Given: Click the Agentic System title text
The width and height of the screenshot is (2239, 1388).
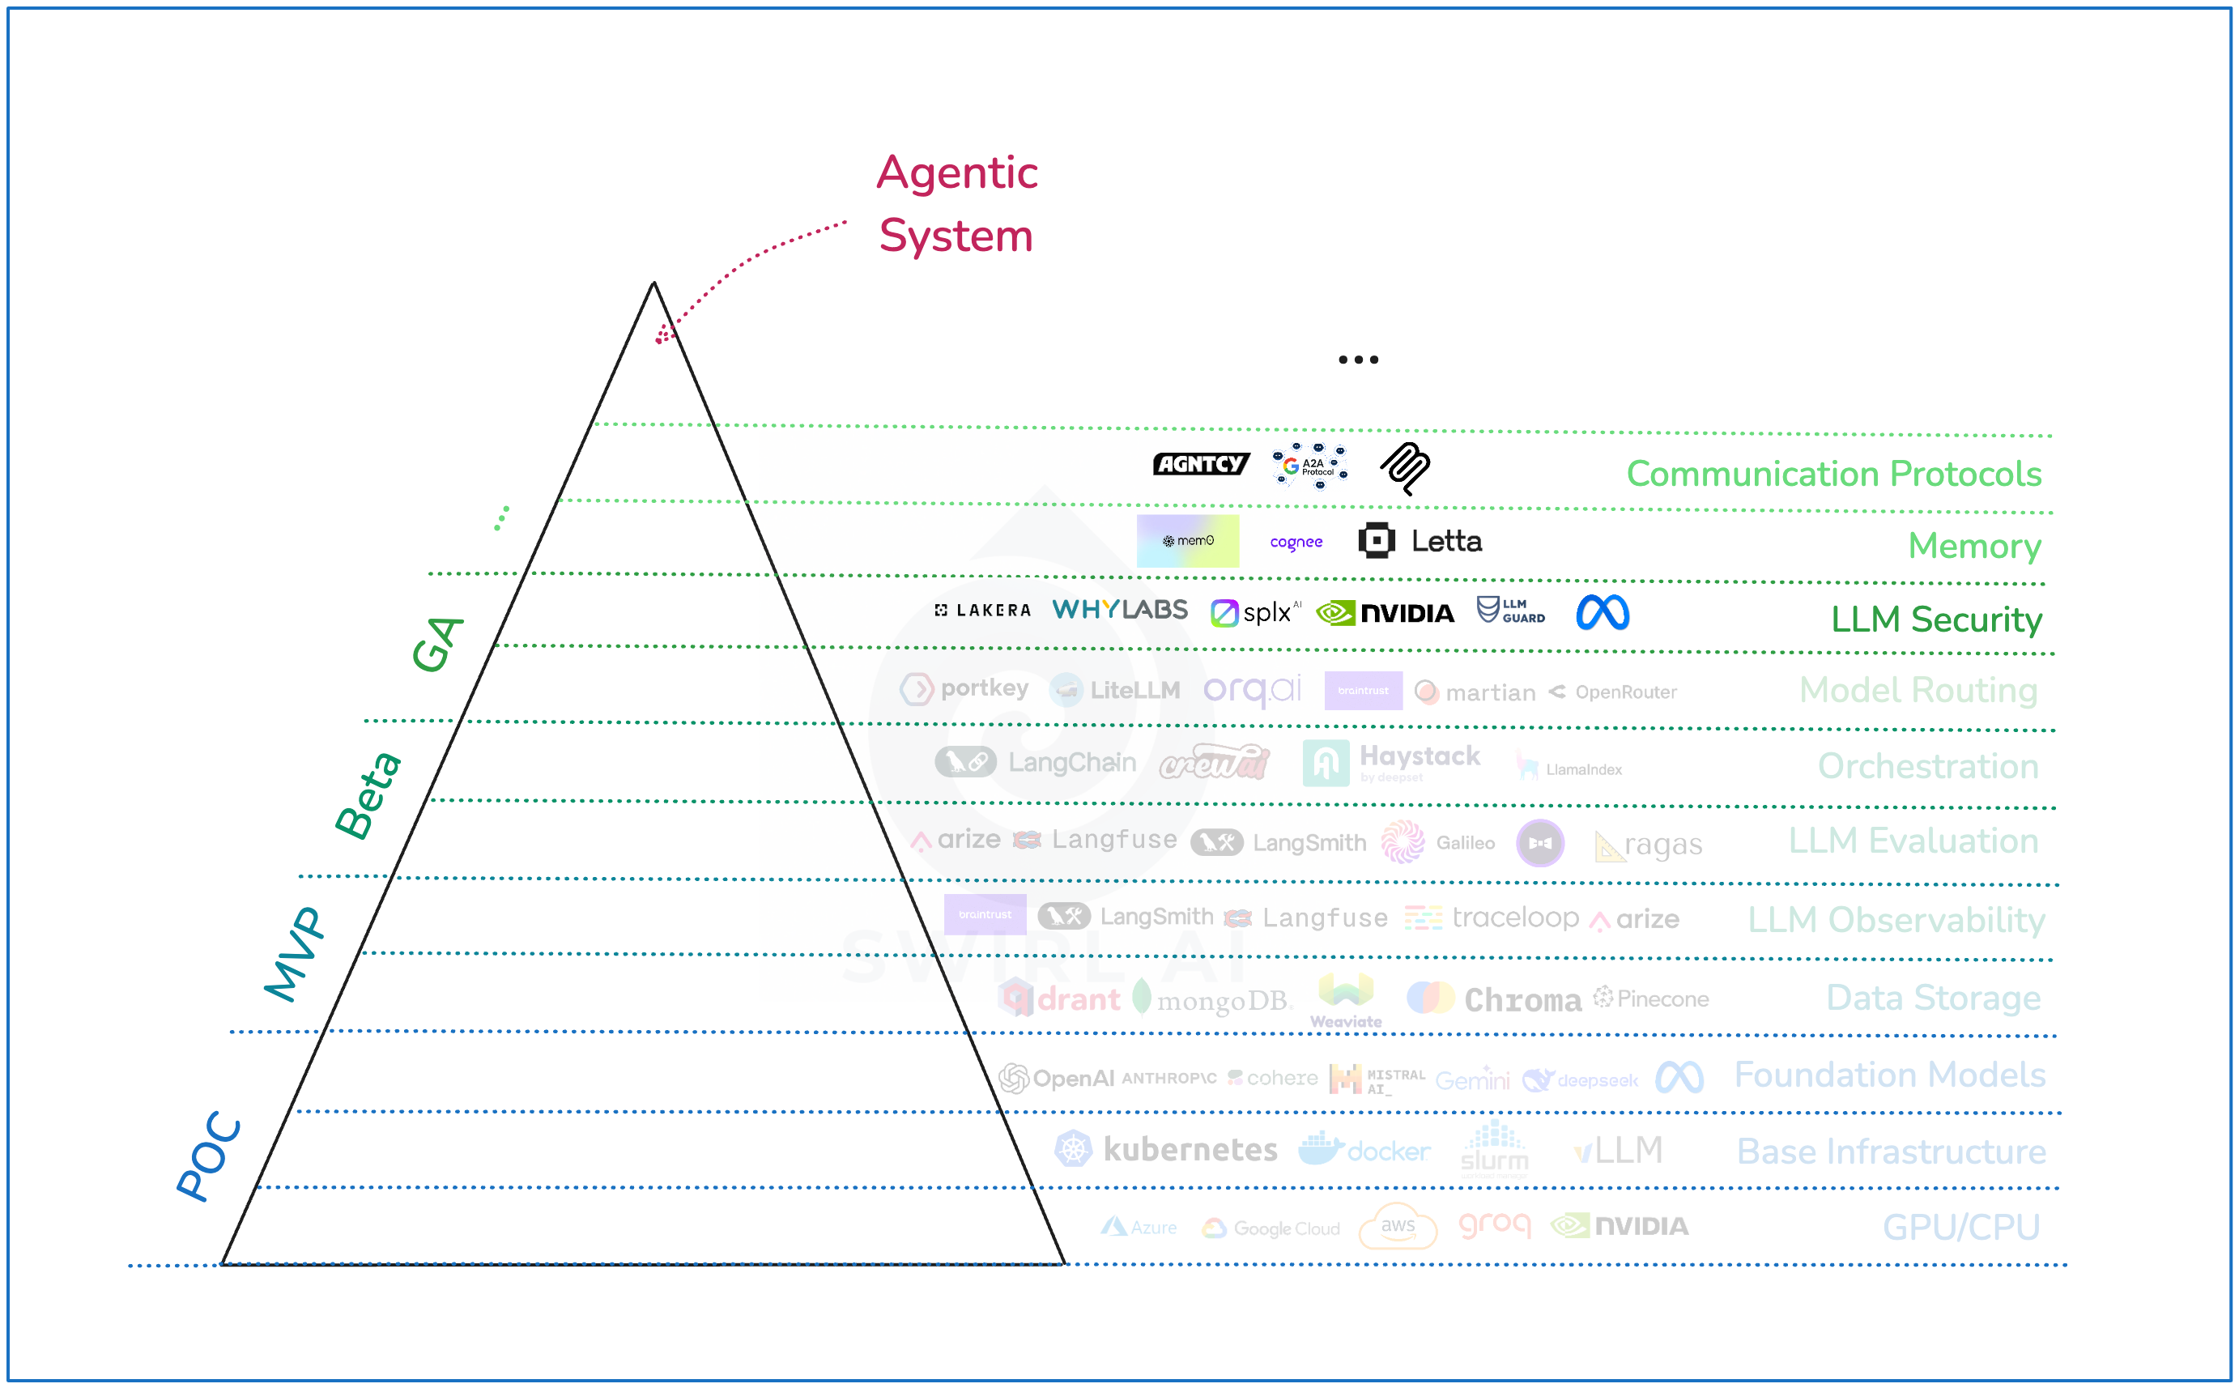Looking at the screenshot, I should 956,204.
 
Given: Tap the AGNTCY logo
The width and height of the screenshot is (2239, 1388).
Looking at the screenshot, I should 1200,465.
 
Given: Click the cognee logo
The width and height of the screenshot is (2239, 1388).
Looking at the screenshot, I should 1296,543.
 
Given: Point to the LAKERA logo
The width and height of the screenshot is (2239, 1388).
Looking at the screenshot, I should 982,611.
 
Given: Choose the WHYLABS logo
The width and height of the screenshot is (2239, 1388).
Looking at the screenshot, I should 1119,611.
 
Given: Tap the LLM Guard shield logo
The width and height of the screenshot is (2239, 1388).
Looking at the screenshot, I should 1510,611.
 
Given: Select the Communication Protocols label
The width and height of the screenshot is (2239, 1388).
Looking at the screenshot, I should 1833,474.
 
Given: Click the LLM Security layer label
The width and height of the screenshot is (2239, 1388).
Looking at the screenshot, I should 1936,619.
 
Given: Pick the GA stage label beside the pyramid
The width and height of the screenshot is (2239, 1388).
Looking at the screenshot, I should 437,644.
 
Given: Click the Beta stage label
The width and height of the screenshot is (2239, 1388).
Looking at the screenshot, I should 367,795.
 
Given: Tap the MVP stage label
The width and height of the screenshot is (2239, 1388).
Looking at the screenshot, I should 295,954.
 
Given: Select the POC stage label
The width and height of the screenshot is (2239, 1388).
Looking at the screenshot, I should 209,1156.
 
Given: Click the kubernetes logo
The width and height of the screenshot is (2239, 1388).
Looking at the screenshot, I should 1166,1149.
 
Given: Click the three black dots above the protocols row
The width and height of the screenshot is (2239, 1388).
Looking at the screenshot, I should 1358,360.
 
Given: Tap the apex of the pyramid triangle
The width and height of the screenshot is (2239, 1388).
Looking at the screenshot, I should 653,283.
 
